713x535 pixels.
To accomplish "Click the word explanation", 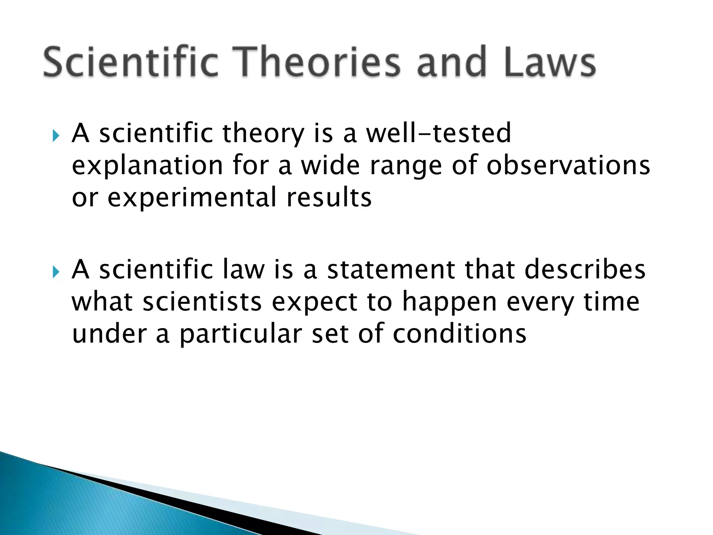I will point(147,166).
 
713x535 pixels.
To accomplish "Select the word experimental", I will point(192,198).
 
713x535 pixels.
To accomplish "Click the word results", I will point(329,197).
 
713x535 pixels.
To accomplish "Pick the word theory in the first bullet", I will point(263,134).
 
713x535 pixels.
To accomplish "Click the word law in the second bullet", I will point(243,270).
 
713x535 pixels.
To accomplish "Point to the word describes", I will point(585,270).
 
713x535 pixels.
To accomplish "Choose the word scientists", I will point(202,302).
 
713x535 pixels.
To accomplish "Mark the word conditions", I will point(460,334).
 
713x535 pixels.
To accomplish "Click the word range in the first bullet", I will point(406,166).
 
